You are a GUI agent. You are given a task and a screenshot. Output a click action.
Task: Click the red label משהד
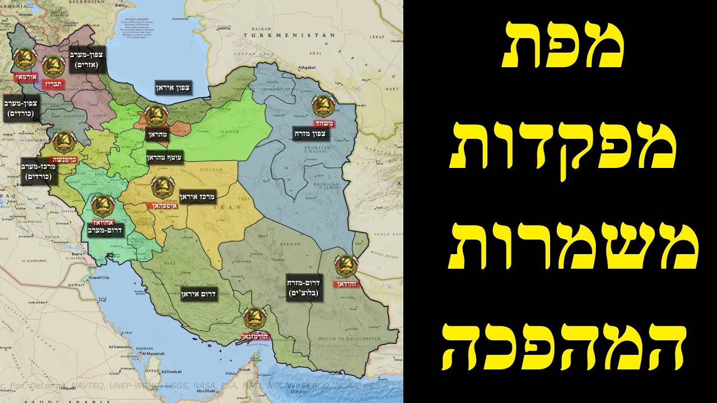tap(323, 124)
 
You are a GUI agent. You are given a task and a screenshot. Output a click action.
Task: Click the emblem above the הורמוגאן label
tap(254, 320)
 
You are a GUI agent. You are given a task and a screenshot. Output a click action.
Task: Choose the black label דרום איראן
tap(198, 293)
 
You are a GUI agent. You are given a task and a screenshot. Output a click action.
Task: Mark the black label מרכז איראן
tap(197, 197)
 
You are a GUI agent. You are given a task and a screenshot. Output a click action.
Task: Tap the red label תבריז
tap(53, 84)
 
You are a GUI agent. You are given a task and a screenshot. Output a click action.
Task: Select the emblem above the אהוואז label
tap(103, 205)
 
